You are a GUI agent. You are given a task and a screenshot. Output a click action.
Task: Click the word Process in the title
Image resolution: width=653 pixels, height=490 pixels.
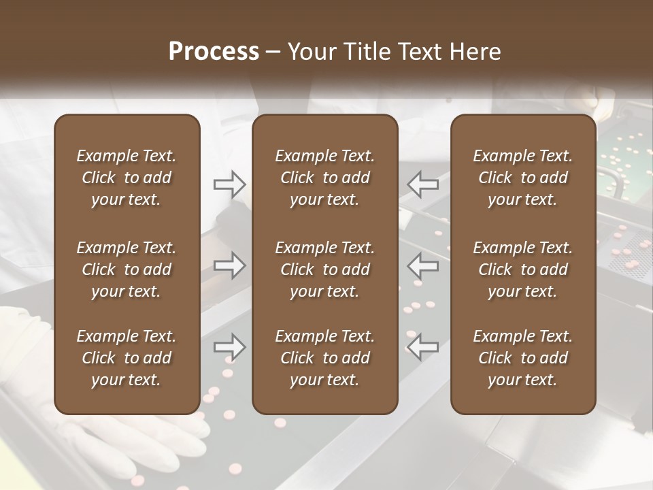(x=214, y=52)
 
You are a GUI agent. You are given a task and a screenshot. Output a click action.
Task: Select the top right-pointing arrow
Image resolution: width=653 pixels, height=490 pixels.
(x=229, y=184)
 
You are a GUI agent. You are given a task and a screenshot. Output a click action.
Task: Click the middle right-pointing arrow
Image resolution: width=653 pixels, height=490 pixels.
(x=229, y=265)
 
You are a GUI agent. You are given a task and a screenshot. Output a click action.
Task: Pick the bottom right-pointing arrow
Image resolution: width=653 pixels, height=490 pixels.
(x=229, y=347)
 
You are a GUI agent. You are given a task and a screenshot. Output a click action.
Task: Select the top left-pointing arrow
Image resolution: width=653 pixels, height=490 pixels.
(x=423, y=184)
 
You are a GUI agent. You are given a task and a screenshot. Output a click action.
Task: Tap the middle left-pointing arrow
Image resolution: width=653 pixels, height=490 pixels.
(x=423, y=265)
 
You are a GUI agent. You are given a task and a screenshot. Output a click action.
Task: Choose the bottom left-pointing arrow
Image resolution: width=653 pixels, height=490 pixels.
(x=423, y=347)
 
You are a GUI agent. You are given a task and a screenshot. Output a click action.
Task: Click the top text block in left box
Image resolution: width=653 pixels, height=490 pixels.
(x=127, y=178)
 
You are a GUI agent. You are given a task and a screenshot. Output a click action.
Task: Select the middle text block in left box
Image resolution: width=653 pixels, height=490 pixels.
(x=127, y=269)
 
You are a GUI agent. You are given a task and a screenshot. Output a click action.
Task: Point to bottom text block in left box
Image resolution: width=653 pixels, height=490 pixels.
(x=127, y=358)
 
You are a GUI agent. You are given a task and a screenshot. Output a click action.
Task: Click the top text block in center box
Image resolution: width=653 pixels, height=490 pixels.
(x=324, y=178)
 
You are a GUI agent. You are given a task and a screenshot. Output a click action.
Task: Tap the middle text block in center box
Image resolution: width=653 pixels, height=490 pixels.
(x=324, y=269)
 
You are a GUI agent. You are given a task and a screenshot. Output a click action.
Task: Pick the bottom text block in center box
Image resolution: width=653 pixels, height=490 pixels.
(x=324, y=358)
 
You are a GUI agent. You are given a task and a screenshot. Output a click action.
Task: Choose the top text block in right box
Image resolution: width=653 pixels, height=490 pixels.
(x=522, y=178)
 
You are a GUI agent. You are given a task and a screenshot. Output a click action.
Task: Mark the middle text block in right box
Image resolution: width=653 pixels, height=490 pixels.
(x=522, y=269)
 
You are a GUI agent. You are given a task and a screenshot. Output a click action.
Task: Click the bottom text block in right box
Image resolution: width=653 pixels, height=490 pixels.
(x=522, y=358)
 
